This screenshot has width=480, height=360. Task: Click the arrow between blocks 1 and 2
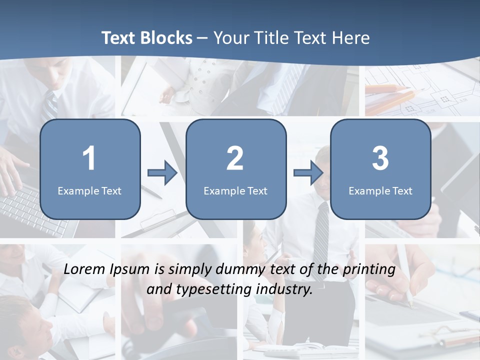pyautogui.click(x=162, y=173)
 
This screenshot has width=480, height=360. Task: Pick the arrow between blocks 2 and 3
pyautogui.click(x=308, y=173)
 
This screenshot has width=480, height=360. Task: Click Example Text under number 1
pyautogui.click(x=89, y=190)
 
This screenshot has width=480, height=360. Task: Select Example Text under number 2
pyautogui.click(x=235, y=190)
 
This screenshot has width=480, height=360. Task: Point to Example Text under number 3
pyautogui.click(x=380, y=190)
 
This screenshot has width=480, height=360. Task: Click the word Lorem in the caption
pyautogui.click(x=84, y=269)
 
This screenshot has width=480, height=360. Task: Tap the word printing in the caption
pyautogui.click(x=368, y=269)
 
